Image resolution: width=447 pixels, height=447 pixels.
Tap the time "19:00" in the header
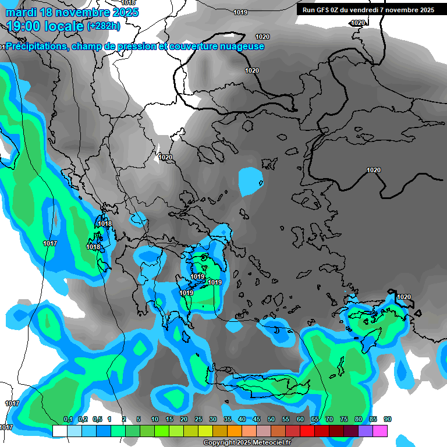pos(24,26)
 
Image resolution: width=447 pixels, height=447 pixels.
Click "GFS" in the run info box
pos(324,10)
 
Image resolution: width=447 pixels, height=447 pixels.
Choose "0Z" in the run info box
pos(338,10)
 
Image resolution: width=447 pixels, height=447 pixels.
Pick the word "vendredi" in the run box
pos(370,10)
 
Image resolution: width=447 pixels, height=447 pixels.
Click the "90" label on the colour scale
pos(388,419)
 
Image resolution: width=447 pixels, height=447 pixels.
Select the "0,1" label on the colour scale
pos(68,419)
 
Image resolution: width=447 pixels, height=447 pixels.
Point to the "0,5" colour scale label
pos(97,419)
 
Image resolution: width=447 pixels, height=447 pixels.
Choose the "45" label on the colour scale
pos(257,419)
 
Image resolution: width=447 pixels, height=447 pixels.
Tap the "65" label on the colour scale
pos(315,419)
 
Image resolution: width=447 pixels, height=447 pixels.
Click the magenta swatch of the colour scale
pos(380,431)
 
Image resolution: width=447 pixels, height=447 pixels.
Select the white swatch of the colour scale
pos(59,431)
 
